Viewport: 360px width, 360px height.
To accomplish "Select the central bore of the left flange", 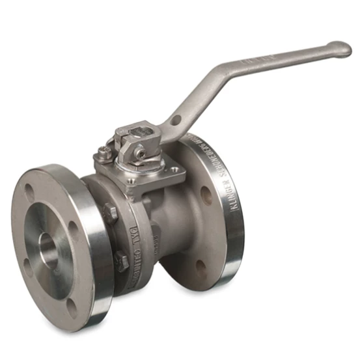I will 50,248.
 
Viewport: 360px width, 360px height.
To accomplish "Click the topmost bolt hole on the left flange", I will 29,193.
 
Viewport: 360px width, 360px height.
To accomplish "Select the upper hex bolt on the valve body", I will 110,212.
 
